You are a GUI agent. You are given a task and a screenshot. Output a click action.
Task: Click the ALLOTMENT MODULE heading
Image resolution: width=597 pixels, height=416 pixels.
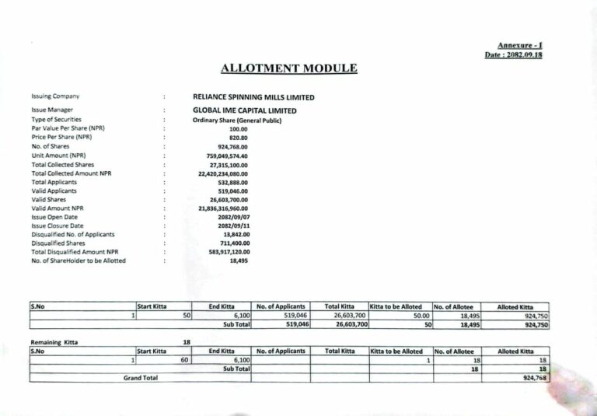click(x=288, y=68)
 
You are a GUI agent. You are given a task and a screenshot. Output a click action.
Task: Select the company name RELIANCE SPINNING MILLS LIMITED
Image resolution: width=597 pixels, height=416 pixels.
click(x=253, y=97)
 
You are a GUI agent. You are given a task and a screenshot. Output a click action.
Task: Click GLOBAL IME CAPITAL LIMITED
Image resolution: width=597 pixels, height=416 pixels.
click(x=244, y=110)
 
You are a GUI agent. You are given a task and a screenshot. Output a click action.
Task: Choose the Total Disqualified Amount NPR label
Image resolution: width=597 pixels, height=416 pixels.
click(x=75, y=252)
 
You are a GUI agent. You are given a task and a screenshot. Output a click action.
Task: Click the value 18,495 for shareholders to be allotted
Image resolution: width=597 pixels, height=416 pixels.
click(x=239, y=261)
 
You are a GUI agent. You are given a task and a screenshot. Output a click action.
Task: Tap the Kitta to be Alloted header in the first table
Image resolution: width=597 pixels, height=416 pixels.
click(x=396, y=307)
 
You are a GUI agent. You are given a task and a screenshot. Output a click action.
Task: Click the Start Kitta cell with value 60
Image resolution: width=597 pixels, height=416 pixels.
click(x=184, y=360)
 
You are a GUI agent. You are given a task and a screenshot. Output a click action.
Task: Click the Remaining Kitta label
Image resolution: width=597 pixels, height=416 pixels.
click(x=54, y=342)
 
